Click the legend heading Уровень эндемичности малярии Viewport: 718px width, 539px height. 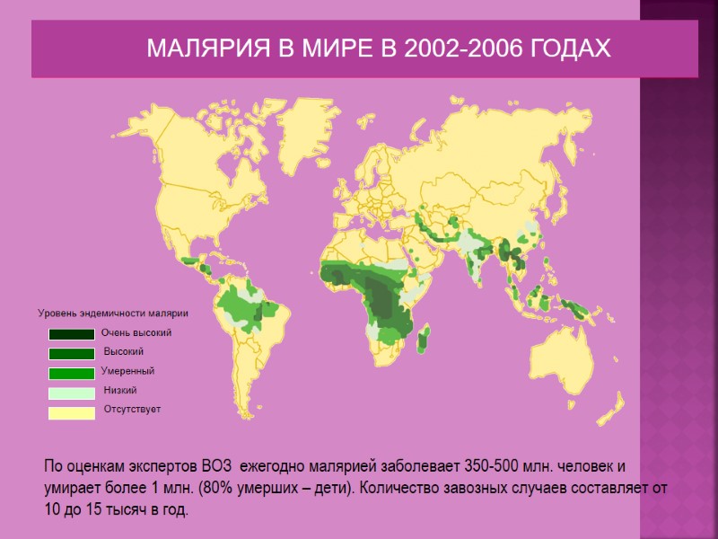coord(112,314)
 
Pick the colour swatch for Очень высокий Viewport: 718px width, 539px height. coord(72,334)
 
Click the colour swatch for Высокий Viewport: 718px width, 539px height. coord(72,353)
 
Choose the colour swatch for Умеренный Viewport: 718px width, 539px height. coord(72,373)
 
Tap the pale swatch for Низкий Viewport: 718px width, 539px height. coord(72,393)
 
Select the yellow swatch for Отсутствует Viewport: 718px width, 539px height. coord(72,412)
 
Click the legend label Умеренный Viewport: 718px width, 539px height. coord(127,371)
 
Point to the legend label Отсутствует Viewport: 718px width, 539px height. coord(132,410)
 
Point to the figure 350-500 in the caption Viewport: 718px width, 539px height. coord(493,467)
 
